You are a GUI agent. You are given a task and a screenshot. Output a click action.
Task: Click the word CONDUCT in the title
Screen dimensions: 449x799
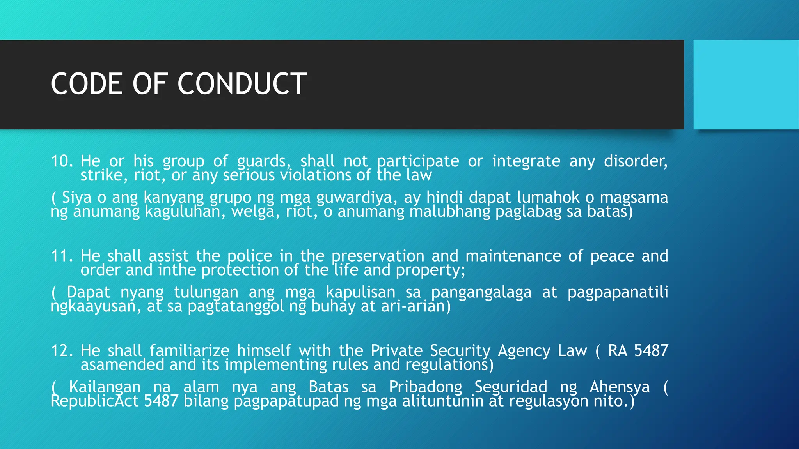coord(242,84)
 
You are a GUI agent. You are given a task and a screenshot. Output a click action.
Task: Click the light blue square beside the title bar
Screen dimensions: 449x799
coord(746,84)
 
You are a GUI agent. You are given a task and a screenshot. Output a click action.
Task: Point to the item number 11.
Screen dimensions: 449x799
coord(62,256)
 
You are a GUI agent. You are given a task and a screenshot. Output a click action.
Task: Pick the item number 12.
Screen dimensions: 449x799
coord(62,351)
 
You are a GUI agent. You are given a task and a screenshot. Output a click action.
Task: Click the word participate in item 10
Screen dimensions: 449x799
coord(418,161)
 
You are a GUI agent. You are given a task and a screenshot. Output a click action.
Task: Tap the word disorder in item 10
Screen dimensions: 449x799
coord(636,161)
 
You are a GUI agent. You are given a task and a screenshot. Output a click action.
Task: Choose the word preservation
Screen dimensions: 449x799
coord(378,256)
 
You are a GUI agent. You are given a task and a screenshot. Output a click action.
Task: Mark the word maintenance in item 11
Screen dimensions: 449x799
coord(513,256)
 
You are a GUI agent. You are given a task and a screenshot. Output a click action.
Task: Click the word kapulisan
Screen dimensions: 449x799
coord(360,292)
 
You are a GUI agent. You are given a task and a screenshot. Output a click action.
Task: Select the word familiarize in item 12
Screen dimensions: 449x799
coord(190,351)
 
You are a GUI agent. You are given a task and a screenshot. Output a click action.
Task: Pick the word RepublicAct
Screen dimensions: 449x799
coord(95,401)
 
